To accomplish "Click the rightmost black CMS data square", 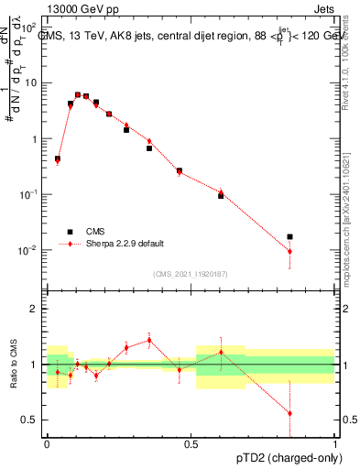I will click(290, 237).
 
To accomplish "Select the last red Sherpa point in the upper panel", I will click(290, 251).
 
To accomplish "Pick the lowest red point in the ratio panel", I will click(290, 413).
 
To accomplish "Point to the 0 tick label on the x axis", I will click(47, 442).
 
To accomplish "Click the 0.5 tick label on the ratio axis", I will click(30, 420).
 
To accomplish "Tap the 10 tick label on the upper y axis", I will click(30, 83).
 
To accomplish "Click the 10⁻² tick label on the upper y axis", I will click(28, 250).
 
